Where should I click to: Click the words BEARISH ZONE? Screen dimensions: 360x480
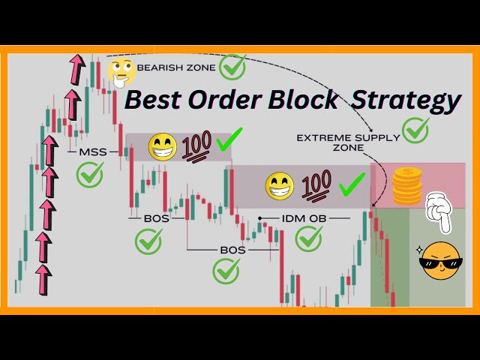point(176,67)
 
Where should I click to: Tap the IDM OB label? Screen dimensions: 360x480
point(305,218)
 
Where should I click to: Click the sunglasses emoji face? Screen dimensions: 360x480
point(441,261)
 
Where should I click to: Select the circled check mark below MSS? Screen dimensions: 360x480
point(90,176)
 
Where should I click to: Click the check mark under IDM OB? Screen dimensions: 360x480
point(309,239)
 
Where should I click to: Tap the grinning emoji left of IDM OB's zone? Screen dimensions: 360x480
point(280,184)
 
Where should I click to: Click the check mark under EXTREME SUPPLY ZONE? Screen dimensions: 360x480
point(415,130)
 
